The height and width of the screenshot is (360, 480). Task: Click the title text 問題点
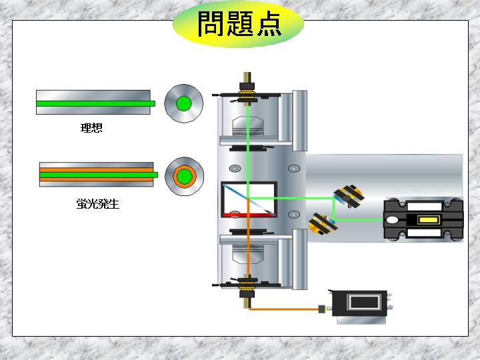coord(239,24)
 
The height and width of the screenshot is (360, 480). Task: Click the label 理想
coord(91,127)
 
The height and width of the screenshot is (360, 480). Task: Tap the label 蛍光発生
coord(97,203)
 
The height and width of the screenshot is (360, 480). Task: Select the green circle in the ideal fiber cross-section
coord(184,103)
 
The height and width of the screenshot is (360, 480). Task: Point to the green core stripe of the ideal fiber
coord(95,103)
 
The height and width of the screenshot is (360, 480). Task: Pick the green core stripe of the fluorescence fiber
coord(99,175)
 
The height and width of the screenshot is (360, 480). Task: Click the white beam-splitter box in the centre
coord(249,198)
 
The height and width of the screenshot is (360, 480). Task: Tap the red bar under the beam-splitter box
coord(249,215)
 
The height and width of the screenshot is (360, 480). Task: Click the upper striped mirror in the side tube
coord(349,195)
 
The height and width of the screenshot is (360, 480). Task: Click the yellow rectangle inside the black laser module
coord(428,220)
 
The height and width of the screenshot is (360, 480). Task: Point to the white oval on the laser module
coord(392,220)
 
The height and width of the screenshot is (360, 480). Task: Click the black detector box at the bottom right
coord(360,303)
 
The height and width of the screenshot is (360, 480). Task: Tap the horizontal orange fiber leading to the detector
coord(284,309)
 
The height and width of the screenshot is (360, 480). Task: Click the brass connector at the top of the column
coord(247,89)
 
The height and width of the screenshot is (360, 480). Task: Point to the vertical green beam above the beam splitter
coord(248,151)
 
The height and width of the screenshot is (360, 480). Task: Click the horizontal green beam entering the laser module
coord(359,220)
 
